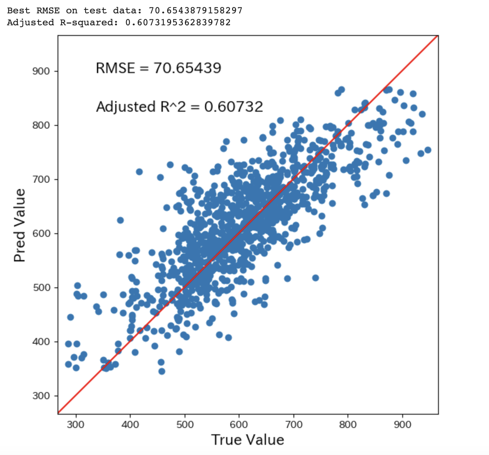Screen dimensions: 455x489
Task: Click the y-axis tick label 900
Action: [41, 71]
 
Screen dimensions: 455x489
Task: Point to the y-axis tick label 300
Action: [41, 396]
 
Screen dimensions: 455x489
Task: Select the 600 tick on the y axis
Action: [41, 234]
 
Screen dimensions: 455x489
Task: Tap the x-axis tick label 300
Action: [76, 424]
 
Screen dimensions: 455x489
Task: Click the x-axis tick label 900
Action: [402, 424]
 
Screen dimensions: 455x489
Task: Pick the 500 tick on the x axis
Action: [185, 424]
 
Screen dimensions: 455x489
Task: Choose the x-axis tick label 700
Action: [293, 424]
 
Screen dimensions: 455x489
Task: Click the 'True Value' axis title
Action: [247, 440]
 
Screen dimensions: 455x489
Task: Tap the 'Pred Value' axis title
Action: [20, 225]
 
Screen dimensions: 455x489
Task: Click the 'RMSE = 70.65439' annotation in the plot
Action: [158, 68]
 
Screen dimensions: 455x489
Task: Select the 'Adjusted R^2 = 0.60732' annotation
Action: [179, 107]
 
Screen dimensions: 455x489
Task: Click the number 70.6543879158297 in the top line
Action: [196, 11]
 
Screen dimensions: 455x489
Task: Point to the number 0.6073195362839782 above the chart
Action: [178, 22]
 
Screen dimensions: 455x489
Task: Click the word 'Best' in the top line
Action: [16, 11]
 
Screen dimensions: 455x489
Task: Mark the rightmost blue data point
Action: [428, 150]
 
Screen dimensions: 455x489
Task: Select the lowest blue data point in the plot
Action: [162, 371]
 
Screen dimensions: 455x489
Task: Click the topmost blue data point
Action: [341, 90]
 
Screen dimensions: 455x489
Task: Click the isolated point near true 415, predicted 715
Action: [139, 172]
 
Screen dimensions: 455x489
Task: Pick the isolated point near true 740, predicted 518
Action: [316, 278]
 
